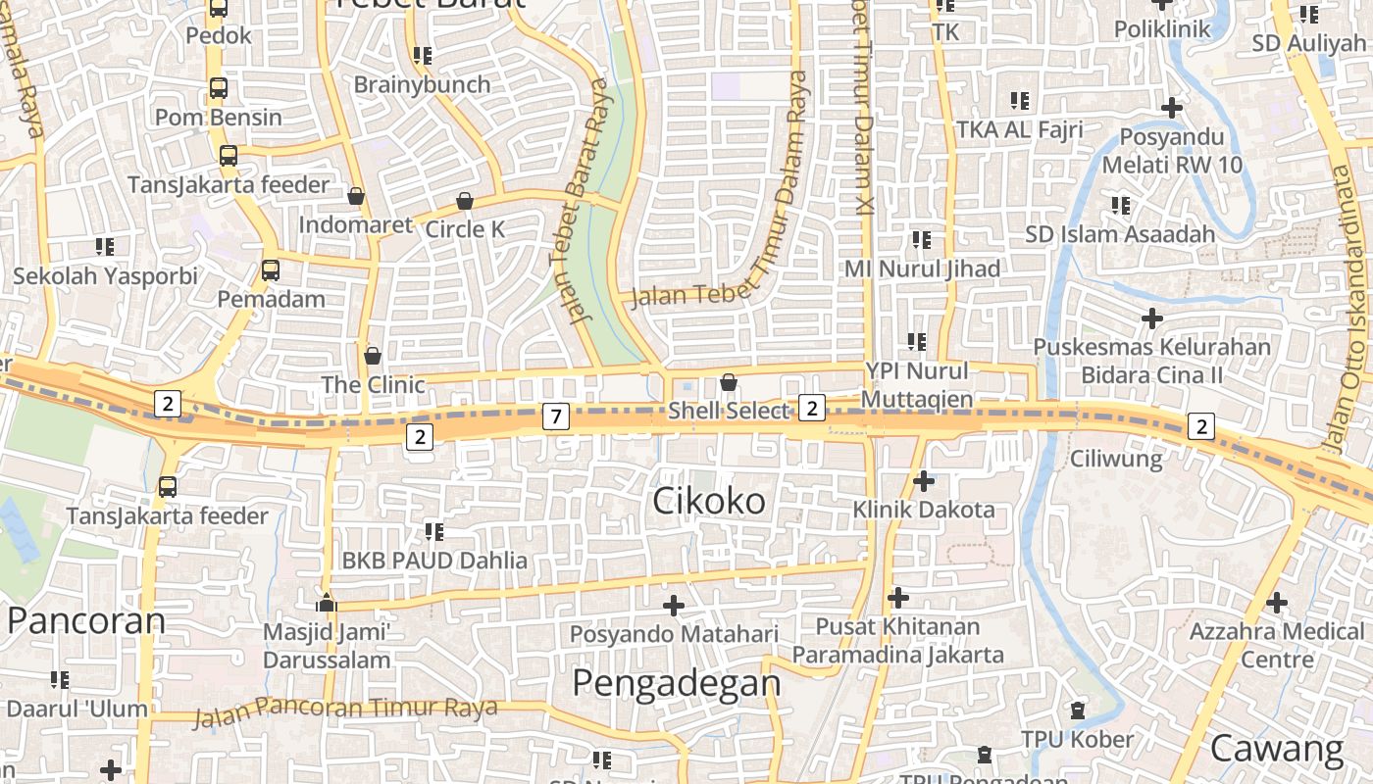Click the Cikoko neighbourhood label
[709, 501]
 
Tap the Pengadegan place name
[676, 682]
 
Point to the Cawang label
[1276, 749]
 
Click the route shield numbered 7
[555, 416]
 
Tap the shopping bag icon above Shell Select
[729, 381]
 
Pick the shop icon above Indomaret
[356, 196]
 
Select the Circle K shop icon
[465, 201]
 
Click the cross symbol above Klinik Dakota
[923, 481]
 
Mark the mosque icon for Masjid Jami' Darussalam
[327, 603]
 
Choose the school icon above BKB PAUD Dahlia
[433, 532]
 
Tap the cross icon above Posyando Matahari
[674, 606]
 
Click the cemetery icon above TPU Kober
[1078, 710]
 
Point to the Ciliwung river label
[1116, 458]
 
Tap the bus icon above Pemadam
[270, 270]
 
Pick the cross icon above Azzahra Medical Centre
[1277, 603]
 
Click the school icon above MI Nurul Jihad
[921, 239]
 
